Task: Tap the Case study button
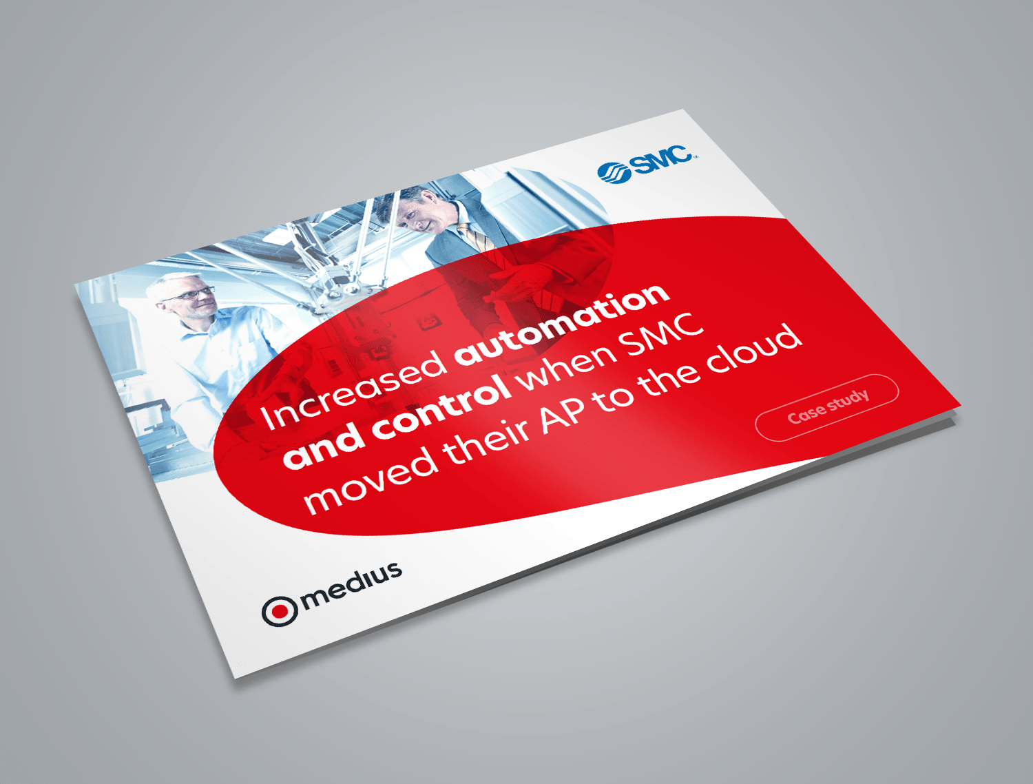pos(827,406)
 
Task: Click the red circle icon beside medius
pos(280,610)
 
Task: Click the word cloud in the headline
pos(755,349)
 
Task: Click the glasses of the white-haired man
pos(189,294)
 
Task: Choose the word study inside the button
pos(848,401)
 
